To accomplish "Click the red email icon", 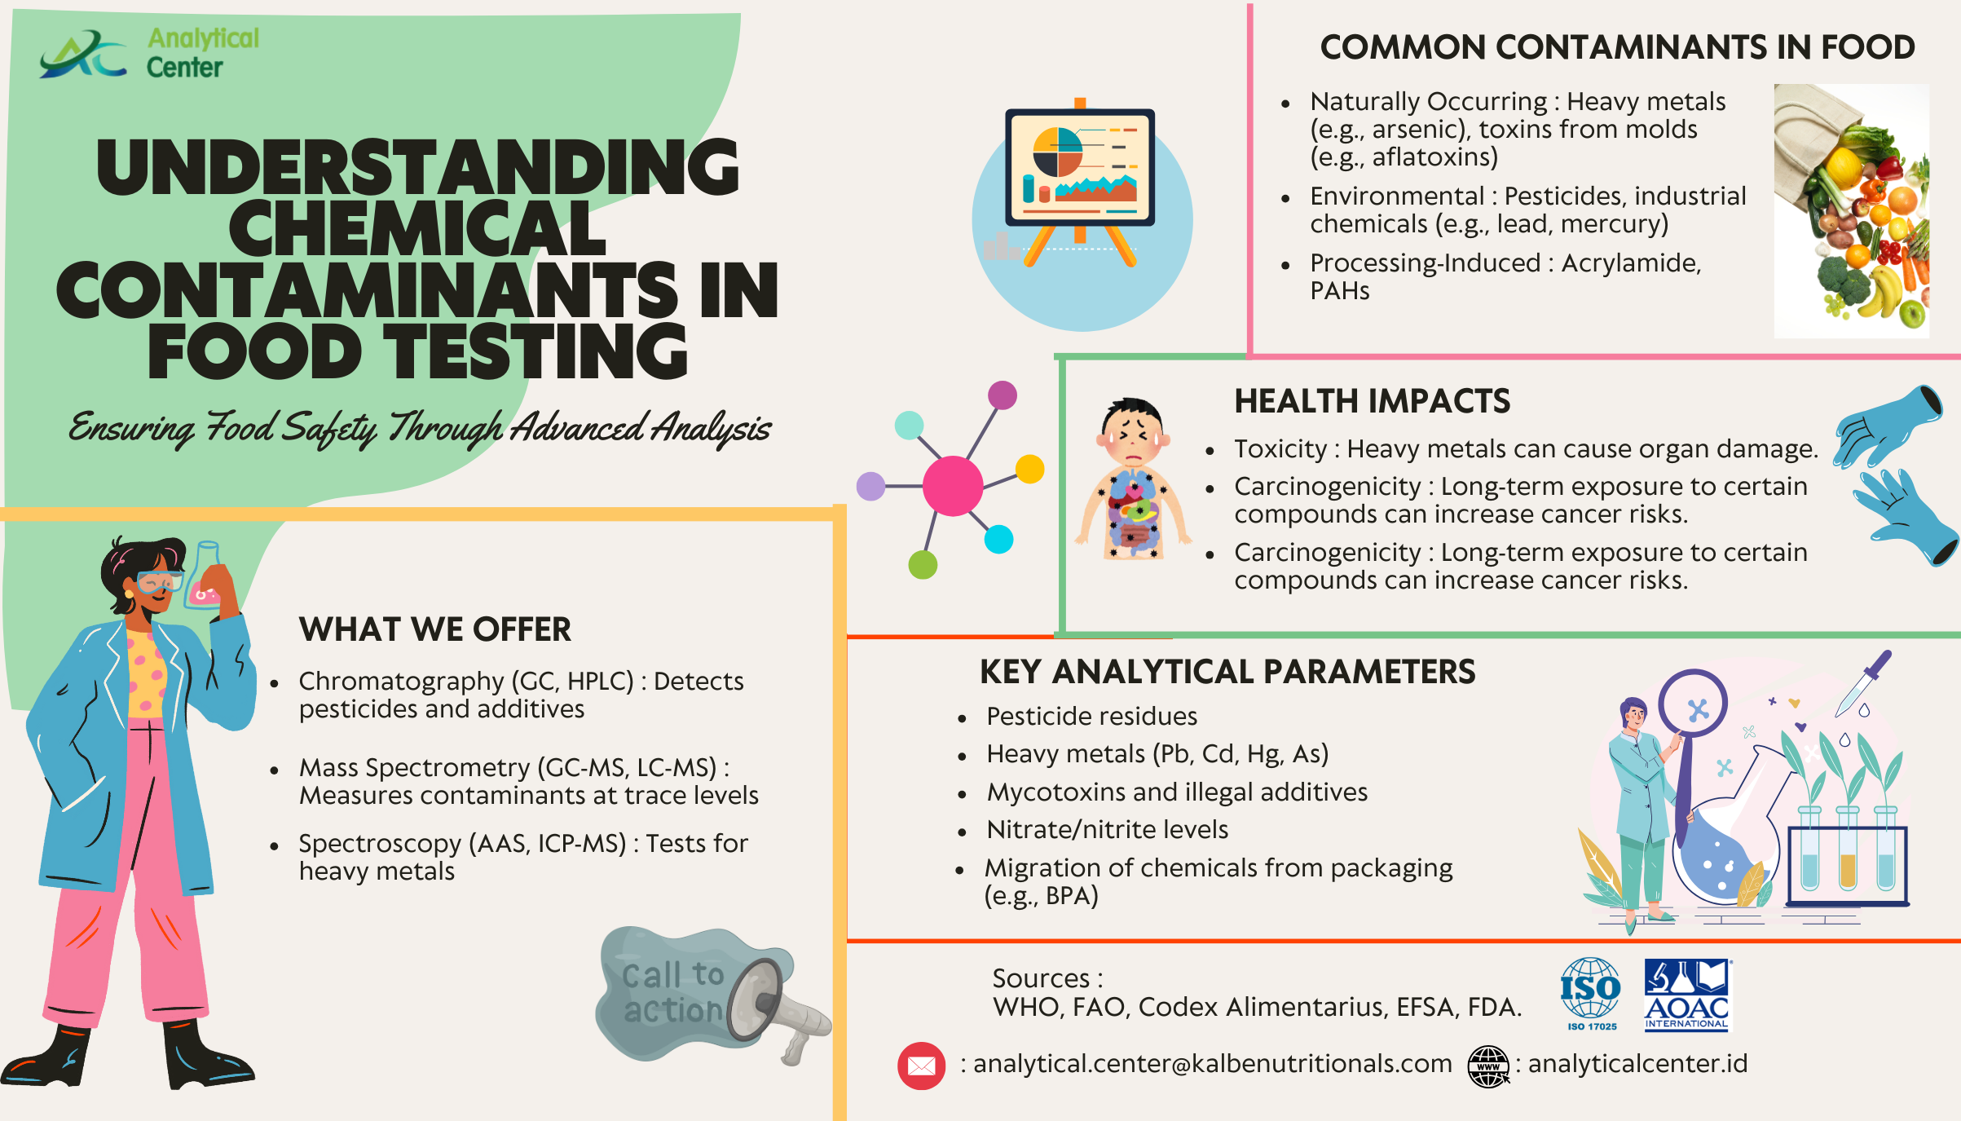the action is coord(921,1066).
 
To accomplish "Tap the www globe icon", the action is coord(1488,1066).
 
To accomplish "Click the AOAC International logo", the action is coord(1687,995).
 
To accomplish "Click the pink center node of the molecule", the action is coord(953,486).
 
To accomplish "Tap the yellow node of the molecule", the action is coord(1030,469).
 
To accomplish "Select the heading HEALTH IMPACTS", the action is coord(1372,401).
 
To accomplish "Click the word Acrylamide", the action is coord(1631,263).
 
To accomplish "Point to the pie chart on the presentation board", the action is coord(1057,152).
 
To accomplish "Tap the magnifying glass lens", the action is coord(1693,704).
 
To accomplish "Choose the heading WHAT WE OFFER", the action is coord(435,629).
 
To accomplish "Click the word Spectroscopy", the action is coord(380,843).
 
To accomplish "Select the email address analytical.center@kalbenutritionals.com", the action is coord(1213,1064).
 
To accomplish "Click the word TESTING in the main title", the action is coord(536,351).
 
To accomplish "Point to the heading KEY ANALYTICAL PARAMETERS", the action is coord(1227,672).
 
